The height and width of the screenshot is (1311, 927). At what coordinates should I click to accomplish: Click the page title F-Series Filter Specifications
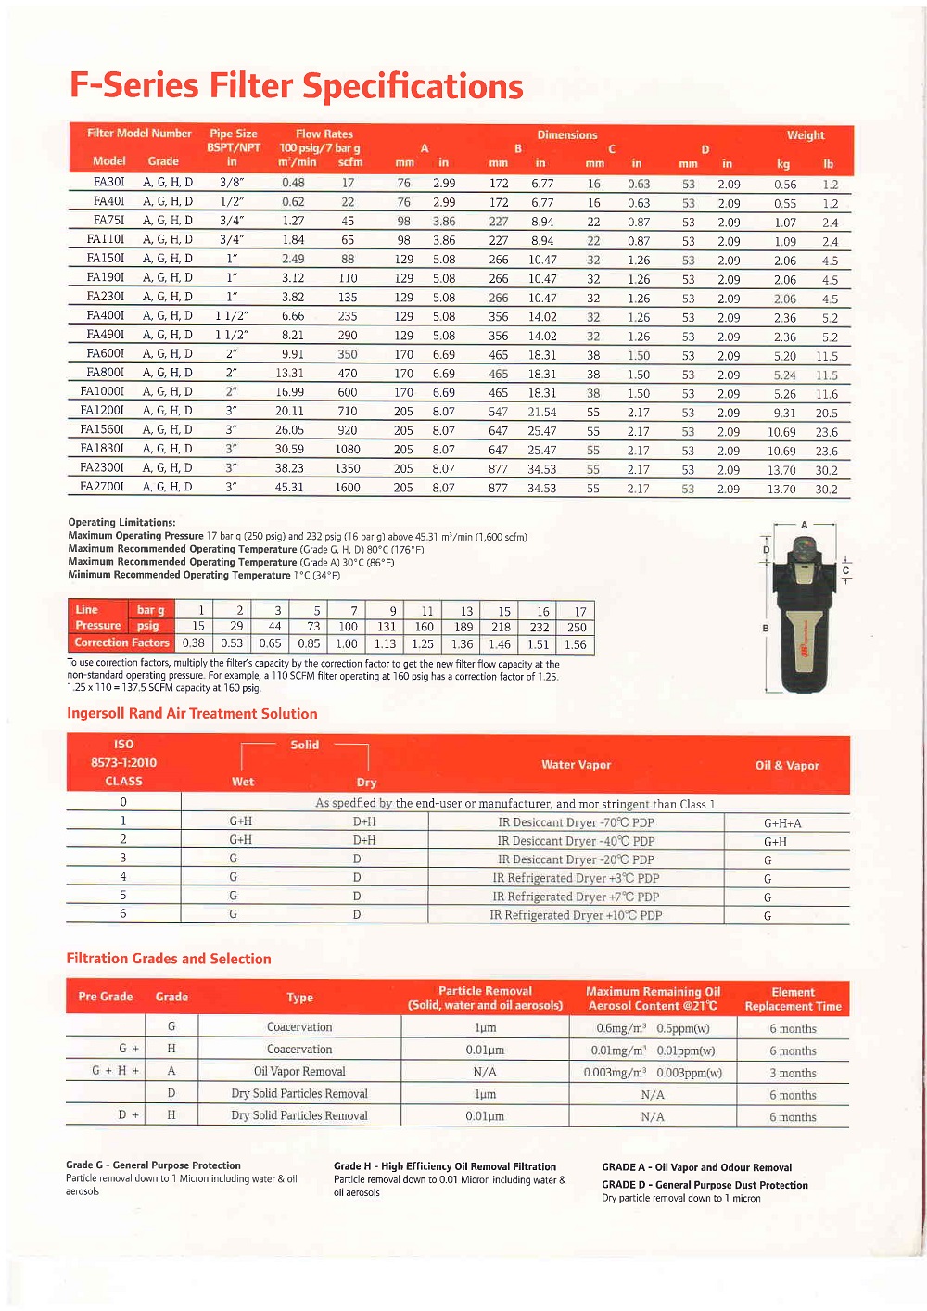pos(297,86)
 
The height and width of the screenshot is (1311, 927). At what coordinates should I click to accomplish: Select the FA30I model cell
pos(108,183)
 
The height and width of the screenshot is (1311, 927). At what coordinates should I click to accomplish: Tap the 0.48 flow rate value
pos(293,183)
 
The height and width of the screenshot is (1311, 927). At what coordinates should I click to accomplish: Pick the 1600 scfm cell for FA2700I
pos(348,488)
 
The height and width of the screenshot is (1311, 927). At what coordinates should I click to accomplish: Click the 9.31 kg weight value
pos(784,414)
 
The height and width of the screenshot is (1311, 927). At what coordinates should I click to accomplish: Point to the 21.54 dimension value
pos(542,413)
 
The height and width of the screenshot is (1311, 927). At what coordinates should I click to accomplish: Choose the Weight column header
pos(805,135)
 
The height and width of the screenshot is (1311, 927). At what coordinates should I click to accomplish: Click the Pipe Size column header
pos(234,134)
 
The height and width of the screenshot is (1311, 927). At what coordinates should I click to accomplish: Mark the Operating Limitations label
pos(121,523)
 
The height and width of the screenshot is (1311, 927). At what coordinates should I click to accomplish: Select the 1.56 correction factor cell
pos(575,644)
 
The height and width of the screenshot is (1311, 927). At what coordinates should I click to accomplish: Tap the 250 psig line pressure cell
pos(577,628)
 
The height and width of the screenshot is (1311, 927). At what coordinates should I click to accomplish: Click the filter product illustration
pos(803,617)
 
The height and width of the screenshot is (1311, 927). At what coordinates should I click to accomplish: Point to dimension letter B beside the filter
pos(766,629)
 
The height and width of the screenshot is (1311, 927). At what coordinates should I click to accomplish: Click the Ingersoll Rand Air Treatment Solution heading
pos(192,714)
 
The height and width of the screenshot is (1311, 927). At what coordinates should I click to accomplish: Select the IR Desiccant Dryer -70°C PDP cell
pos(576,822)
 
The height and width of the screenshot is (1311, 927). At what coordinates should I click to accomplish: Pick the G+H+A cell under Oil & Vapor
pos(782,823)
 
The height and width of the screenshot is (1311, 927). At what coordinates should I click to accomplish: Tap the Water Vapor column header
pos(576,765)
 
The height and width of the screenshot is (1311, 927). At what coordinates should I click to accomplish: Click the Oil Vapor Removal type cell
pos(299,1072)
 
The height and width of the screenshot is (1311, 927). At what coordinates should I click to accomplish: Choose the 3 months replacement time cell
pos(793,1073)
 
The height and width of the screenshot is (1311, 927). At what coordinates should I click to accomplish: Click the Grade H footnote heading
pos(445,1166)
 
